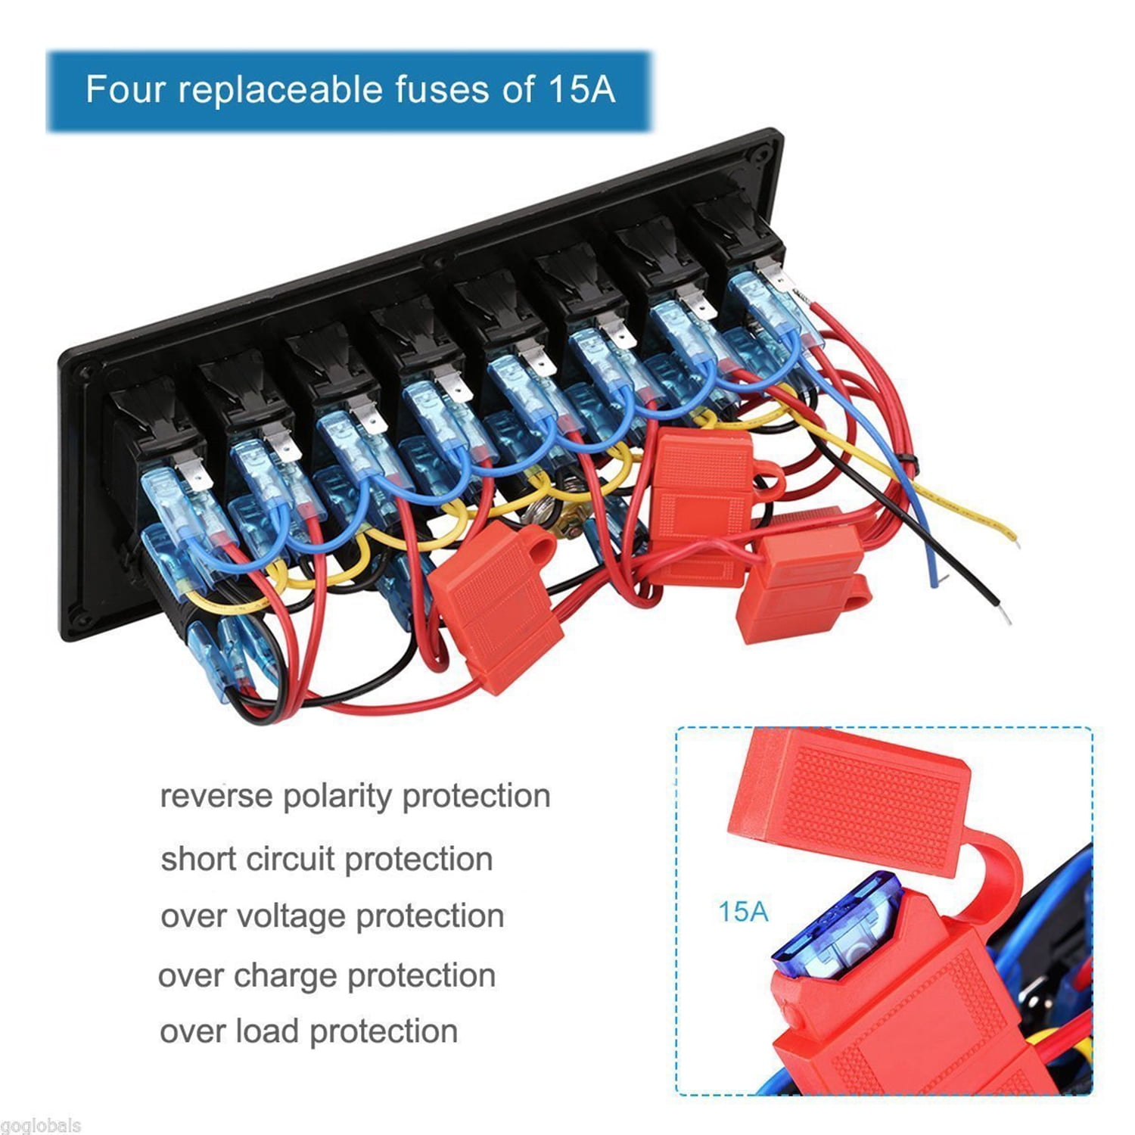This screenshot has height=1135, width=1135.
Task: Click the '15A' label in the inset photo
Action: click(742, 911)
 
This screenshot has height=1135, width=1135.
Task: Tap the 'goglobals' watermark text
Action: click(40, 1125)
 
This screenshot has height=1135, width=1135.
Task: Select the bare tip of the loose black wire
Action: click(1003, 616)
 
